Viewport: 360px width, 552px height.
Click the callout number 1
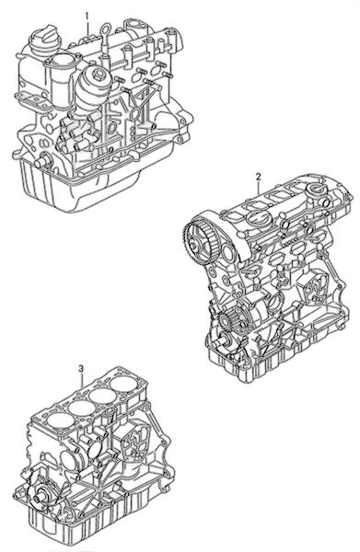[x=87, y=16]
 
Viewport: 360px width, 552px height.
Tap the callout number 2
[x=258, y=176]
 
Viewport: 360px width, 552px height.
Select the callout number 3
[x=81, y=369]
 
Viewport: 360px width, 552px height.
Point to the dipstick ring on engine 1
[x=105, y=29]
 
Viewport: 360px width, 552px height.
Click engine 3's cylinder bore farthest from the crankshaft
[x=122, y=384]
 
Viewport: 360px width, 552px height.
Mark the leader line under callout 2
[x=259, y=188]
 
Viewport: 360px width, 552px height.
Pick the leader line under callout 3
[x=82, y=380]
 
